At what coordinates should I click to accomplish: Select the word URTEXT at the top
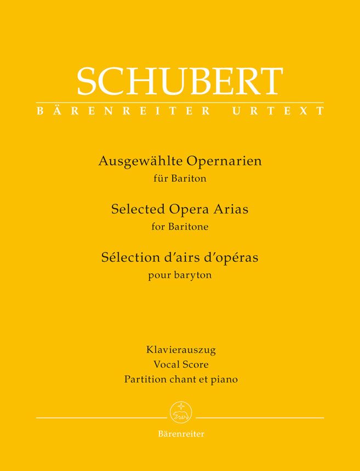[278, 111]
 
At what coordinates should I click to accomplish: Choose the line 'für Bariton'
[180, 177]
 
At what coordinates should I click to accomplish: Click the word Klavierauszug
[180, 349]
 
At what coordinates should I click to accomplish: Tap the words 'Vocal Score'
[180, 364]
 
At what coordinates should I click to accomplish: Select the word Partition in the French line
[145, 379]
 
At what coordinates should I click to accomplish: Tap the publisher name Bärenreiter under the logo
[180, 434]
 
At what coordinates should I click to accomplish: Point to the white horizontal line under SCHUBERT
[180, 102]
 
